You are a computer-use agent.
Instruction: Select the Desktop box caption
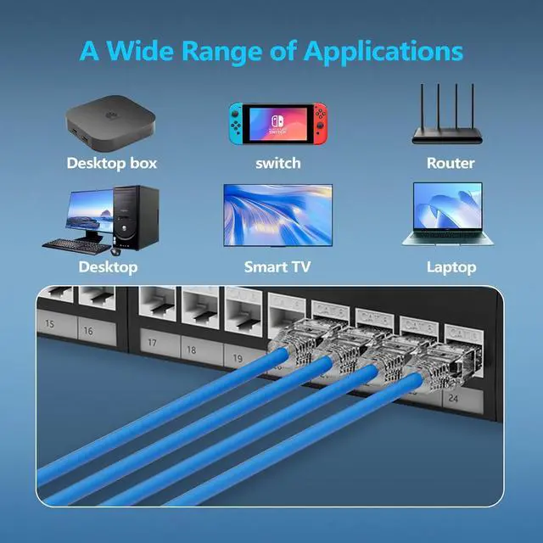pos(112,162)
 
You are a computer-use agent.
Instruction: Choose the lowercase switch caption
pos(277,163)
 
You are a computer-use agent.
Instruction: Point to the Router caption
pos(451,162)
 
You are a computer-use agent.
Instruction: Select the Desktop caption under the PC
pos(108,267)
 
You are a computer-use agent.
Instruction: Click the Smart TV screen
pos(277,213)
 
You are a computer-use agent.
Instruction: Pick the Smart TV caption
pos(277,267)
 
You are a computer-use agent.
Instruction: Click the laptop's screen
pos(448,207)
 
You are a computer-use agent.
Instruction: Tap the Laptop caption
pos(451,267)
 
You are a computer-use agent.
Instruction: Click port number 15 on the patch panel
pos(49,324)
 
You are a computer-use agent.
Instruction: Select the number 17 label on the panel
pos(154,343)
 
